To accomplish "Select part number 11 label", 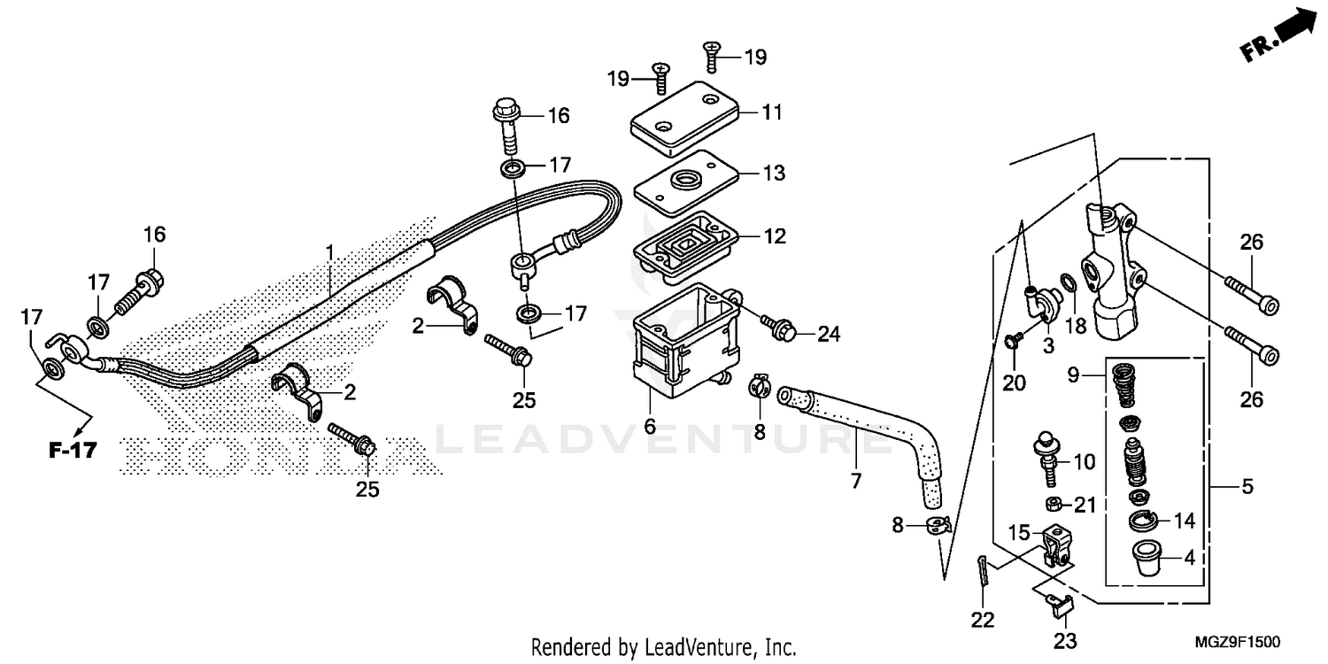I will tap(772, 112).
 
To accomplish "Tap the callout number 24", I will tap(828, 335).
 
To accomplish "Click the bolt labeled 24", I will tap(784, 330).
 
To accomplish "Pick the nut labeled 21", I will tap(1054, 505).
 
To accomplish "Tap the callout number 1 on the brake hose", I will tap(329, 253).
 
